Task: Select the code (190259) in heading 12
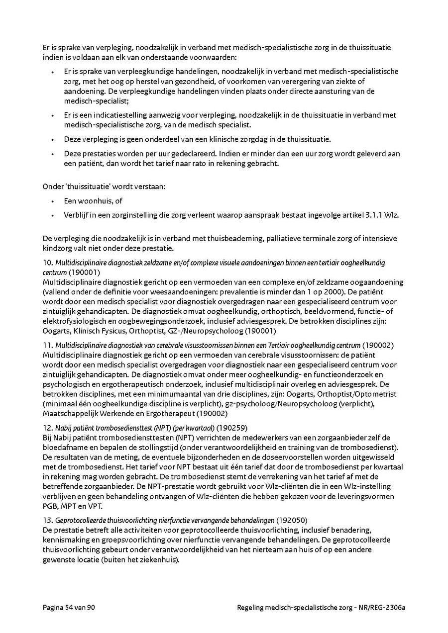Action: coord(231,427)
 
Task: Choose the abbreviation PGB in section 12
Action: coord(50,506)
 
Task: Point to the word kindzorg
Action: coord(58,248)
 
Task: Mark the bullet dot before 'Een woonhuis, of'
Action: coord(53,201)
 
